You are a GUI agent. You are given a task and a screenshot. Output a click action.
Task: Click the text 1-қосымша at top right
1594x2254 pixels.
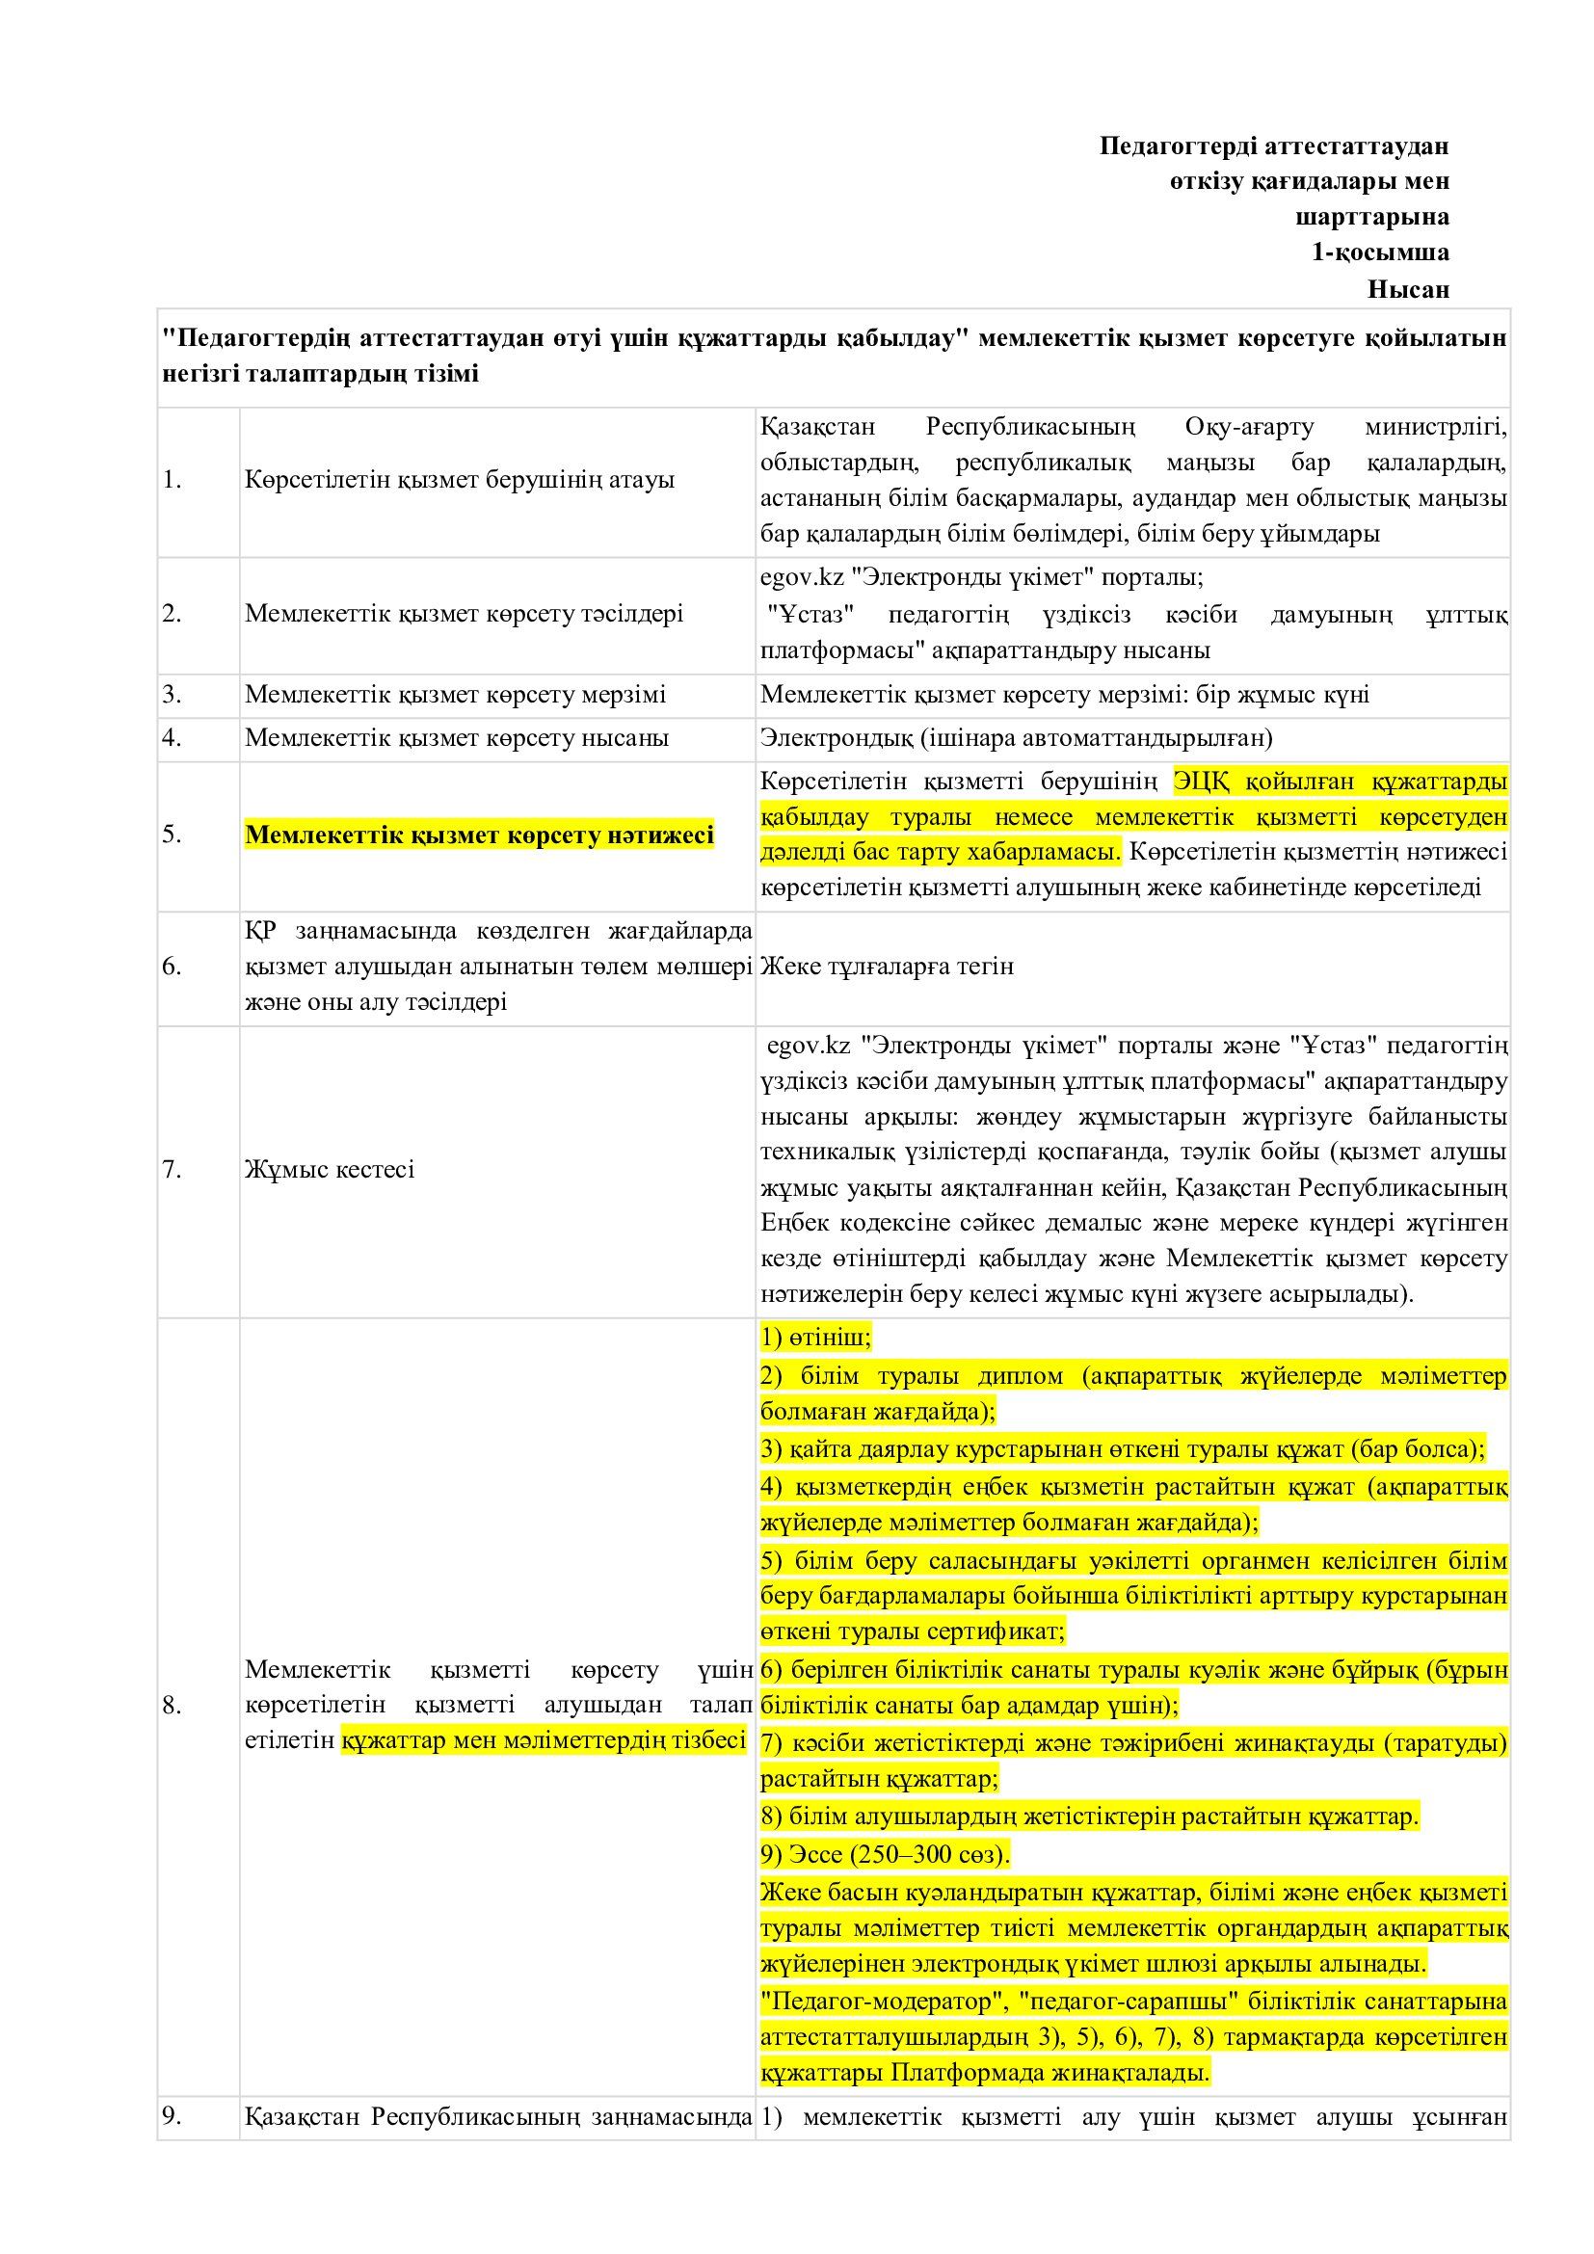click(1380, 252)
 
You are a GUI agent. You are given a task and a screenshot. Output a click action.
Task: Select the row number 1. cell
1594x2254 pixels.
click(173, 481)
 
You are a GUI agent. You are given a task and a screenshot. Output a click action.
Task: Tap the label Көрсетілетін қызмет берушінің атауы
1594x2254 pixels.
click(460, 481)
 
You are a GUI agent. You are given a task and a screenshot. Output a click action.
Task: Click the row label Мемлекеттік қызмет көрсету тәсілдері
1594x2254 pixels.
click(465, 614)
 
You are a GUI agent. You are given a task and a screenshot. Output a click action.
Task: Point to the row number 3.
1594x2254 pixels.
click(173, 695)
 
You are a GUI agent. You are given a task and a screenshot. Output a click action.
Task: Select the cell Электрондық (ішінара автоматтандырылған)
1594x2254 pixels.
click(1016, 737)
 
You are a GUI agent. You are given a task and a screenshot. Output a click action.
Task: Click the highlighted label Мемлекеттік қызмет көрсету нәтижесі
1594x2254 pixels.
click(479, 835)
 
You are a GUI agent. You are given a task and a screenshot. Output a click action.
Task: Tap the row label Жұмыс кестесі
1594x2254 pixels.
click(330, 1169)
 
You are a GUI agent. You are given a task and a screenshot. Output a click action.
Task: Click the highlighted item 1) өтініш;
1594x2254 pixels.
click(815, 1338)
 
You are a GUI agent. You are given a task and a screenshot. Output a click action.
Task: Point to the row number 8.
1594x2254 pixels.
click(173, 1707)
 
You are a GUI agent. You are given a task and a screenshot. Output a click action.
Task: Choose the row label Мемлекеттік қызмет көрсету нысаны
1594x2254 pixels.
click(457, 737)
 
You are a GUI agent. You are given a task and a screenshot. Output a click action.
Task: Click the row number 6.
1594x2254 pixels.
click(173, 967)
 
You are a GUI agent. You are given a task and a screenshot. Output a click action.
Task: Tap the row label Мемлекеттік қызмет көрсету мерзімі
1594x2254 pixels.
click(456, 695)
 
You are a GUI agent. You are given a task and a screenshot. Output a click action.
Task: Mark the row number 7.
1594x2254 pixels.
click(173, 1169)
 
